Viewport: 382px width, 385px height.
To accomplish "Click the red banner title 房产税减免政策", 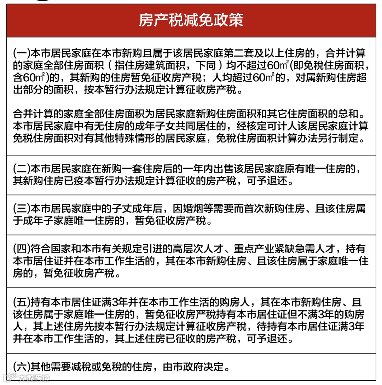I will coord(191,21).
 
